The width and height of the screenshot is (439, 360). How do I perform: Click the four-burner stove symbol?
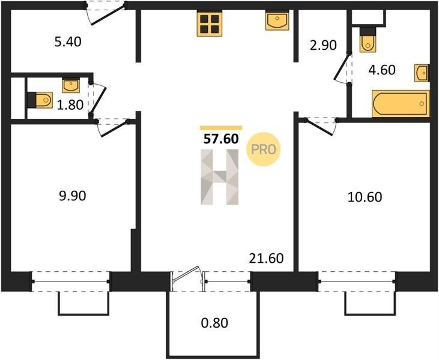click(210, 25)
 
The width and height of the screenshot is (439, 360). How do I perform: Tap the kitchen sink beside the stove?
click(277, 20)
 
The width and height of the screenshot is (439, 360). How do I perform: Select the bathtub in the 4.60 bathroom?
click(401, 103)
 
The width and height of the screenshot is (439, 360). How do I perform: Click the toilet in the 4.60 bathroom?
click(368, 40)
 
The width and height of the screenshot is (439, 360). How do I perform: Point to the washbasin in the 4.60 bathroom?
click(421, 73)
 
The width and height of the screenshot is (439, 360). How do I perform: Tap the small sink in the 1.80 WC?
click(71, 85)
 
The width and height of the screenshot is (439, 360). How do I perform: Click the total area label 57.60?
click(221, 139)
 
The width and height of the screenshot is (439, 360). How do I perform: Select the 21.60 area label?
click(266, 258)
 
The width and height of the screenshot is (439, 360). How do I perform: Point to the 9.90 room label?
click(73, 196)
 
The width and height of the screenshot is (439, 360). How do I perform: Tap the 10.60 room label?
click(365, 197)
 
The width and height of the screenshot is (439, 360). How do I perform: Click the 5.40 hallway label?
click(68, 41)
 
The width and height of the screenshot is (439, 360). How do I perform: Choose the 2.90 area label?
click(323, 46)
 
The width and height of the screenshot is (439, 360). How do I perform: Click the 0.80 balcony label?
click(214, 323)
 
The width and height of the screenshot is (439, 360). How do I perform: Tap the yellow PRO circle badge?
click(263, 149)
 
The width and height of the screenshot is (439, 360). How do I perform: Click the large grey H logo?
click(220, 177)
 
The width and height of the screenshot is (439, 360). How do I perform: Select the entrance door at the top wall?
click(106, 13)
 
